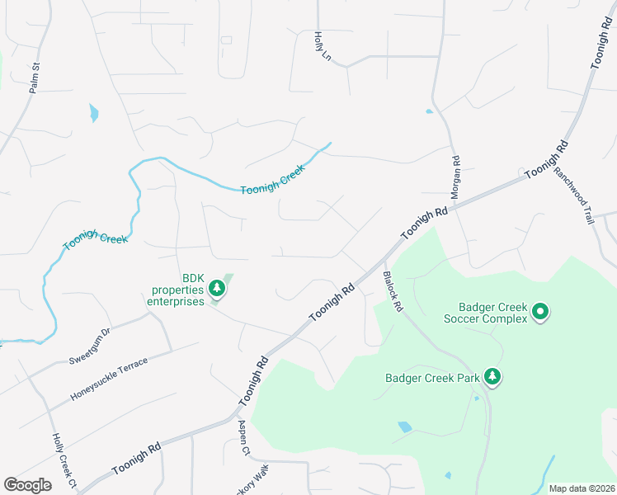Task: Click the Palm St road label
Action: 35,78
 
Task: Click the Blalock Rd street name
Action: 392,291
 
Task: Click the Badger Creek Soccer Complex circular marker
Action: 540,311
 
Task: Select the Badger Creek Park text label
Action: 432,379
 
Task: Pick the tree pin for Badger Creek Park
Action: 492,376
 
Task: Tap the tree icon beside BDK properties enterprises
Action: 217,288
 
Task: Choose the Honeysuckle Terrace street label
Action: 109,379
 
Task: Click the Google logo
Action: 27,485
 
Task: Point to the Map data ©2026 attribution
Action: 581,488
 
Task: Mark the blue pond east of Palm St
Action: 93,113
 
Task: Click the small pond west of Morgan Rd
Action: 429,111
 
